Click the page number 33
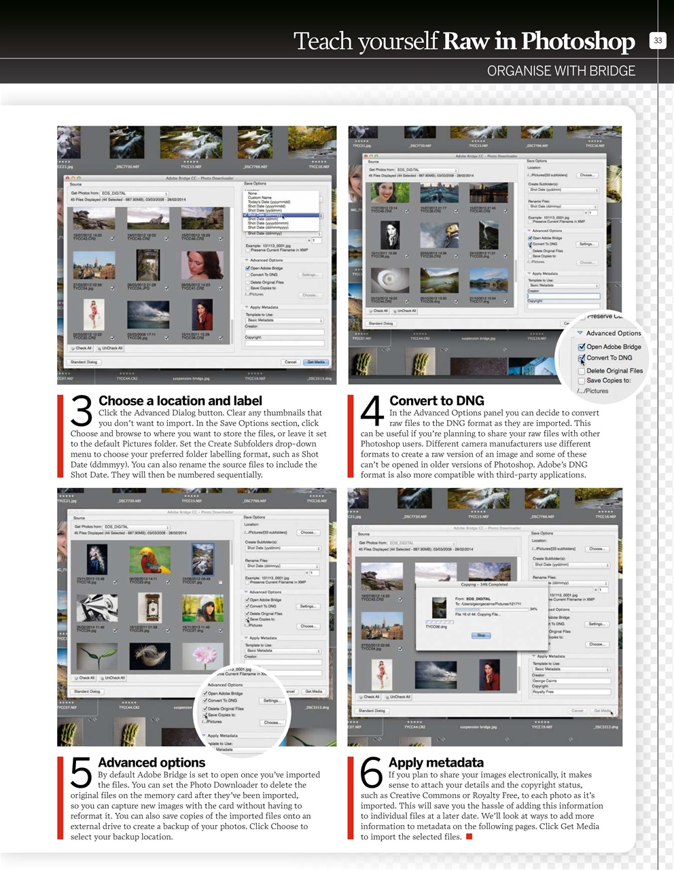[658, 41]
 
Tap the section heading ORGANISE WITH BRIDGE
[561, 71]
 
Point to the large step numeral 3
[82, 412]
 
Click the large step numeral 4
[372, 412]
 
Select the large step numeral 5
[82, 773]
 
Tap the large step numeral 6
[372, 773]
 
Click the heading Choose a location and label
[180, 401]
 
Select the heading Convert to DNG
[436, 401]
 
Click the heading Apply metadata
[436, 763]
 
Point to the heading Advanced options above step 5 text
[152, 763]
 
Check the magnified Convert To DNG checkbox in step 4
[582, 358]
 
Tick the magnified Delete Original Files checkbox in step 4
[582, 371]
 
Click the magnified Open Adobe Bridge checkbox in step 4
[582, 347]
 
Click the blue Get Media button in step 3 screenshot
[316, 362]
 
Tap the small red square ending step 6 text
[469, 837]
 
